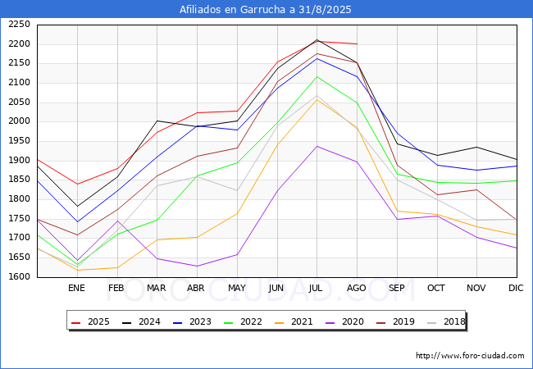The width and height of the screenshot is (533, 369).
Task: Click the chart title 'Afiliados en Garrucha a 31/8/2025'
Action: point(266,10)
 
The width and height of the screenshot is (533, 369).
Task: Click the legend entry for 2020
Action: point(348,321)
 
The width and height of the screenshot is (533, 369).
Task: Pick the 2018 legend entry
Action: point(447,321)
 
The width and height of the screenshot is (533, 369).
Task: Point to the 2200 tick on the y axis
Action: point(20,43)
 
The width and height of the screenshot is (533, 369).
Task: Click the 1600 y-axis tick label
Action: point(20,277)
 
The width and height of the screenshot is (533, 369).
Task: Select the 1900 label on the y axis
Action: point(20,161)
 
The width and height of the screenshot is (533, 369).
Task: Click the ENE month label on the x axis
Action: point(76,288)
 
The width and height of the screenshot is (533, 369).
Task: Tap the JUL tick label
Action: point(317,288)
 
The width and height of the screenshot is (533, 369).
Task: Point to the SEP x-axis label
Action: point(397,288)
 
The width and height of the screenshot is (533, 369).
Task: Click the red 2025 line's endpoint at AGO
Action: point(357,43)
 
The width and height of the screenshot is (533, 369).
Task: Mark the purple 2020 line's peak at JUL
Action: point(317,146)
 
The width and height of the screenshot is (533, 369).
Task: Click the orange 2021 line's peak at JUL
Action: point(317,99)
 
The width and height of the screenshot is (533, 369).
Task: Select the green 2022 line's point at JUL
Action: point(317,76)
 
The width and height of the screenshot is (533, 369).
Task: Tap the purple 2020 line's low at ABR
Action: point(197,266)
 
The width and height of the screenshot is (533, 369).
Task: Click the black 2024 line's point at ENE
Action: point(76,207)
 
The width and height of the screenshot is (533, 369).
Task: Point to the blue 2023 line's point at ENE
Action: point(76,222)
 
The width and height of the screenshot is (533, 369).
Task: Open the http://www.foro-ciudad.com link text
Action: point(470,356)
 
